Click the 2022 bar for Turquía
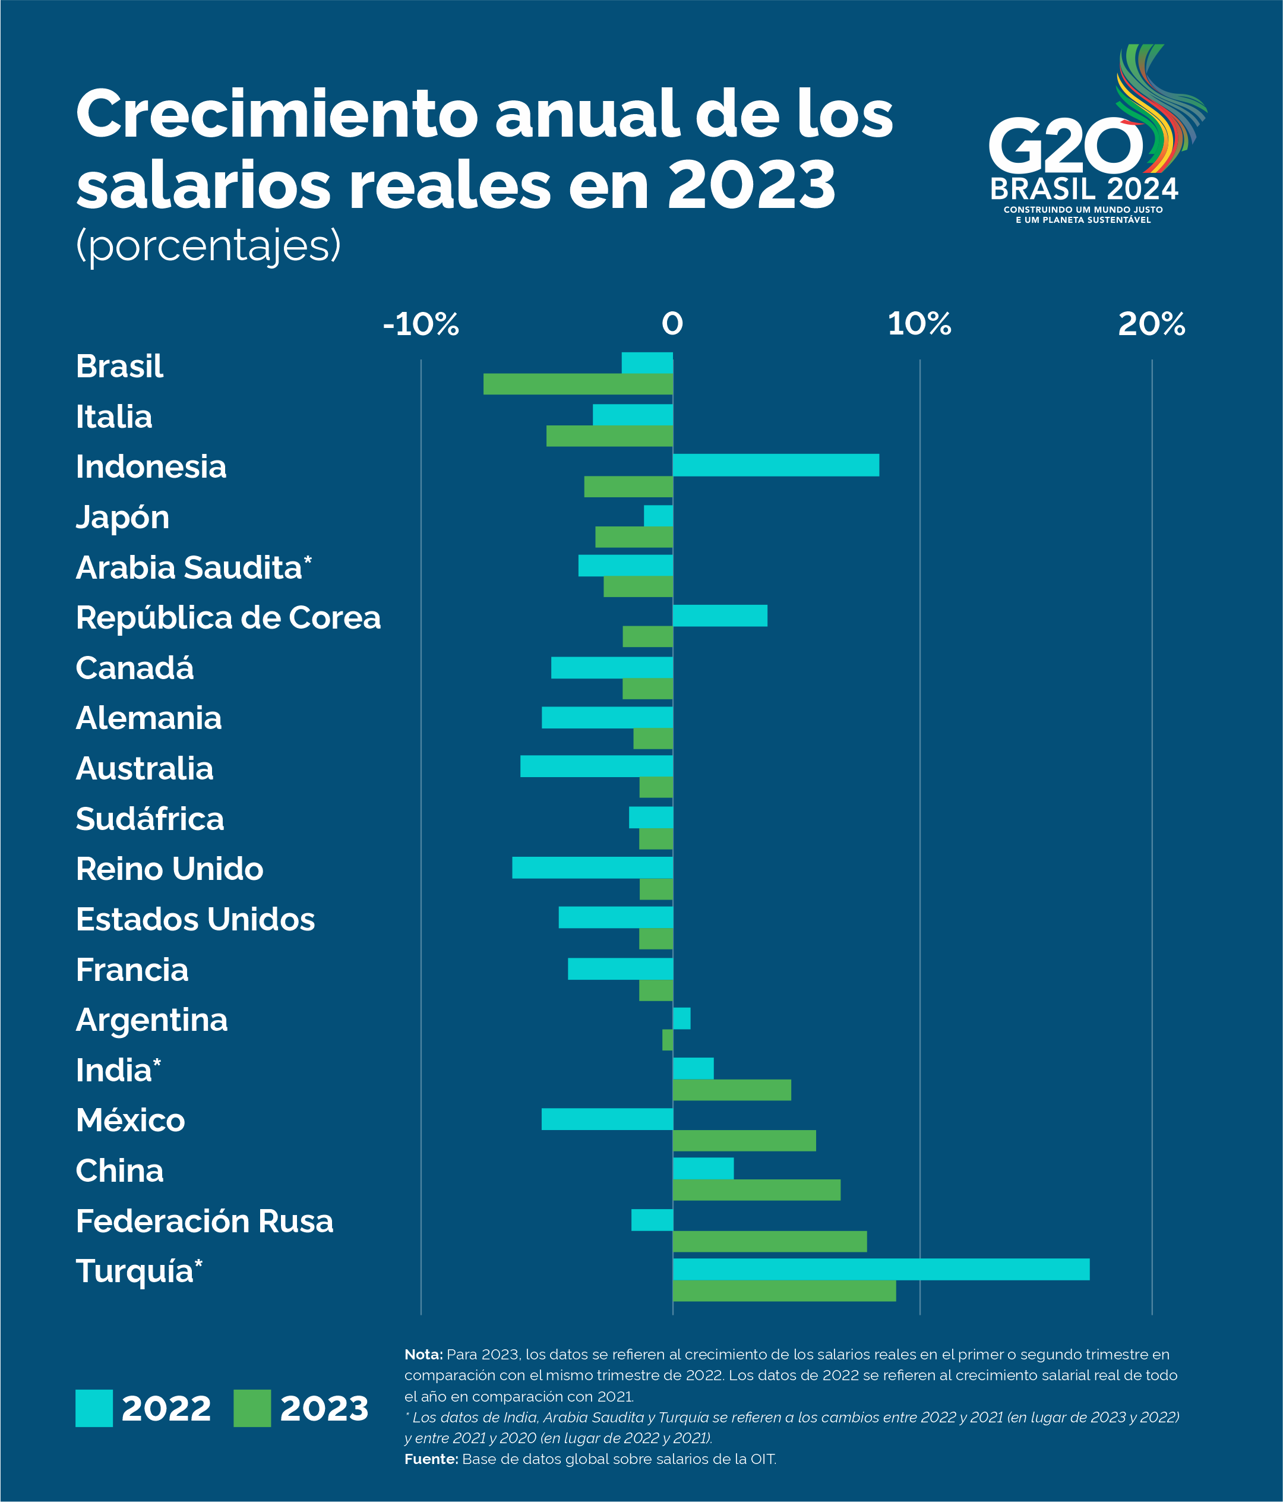[x=881, y=1269]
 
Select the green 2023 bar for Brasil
[x=578, y=384]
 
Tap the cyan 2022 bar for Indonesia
[x=776, y=465]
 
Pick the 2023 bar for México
[x=744, y=1140]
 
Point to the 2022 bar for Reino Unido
[x=592, y=867]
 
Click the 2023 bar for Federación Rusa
[x=769, y=1241]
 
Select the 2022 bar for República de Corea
[x=720, y=616]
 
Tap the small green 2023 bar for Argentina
[x=668, y=1040]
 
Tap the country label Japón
[x=122, y=518]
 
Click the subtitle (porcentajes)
[x=208, y=246]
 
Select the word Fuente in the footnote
[x=431, y=1459]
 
